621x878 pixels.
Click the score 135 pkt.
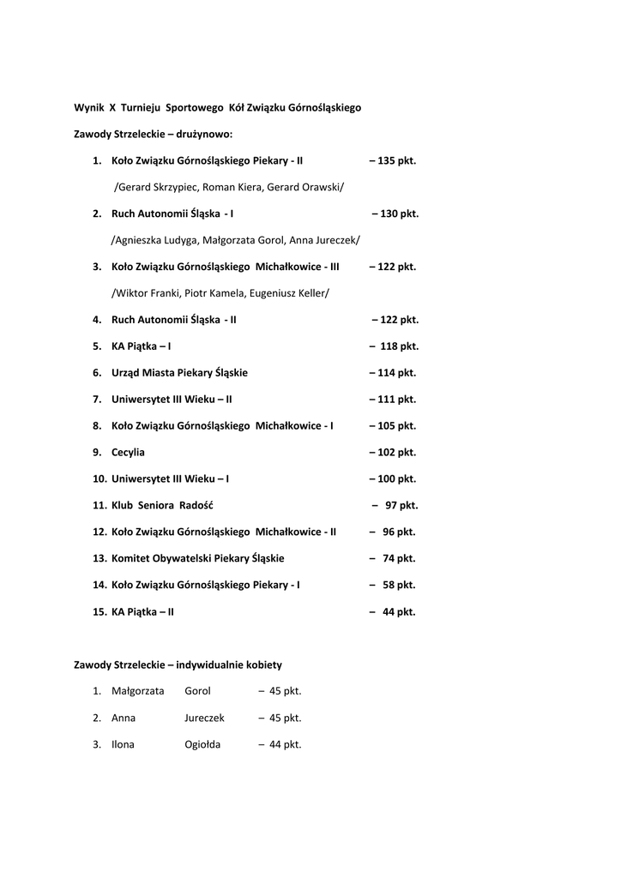(x=396, y=160)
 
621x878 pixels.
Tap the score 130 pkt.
(x=399, y=213)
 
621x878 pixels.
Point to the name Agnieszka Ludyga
(x=155, y=240)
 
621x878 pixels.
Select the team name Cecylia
(x=128, y=452)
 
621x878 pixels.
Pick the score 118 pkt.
(x=397, y=346)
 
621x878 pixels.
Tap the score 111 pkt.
(x=396, y=400)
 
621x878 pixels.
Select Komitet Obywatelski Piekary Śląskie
(x=197, y=558)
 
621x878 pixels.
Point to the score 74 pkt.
(x=399, y=558)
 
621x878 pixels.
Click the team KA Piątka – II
(x=142, y=612)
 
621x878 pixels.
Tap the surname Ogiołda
(x=202, y=745)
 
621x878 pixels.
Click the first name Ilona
(x=123, y=745)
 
